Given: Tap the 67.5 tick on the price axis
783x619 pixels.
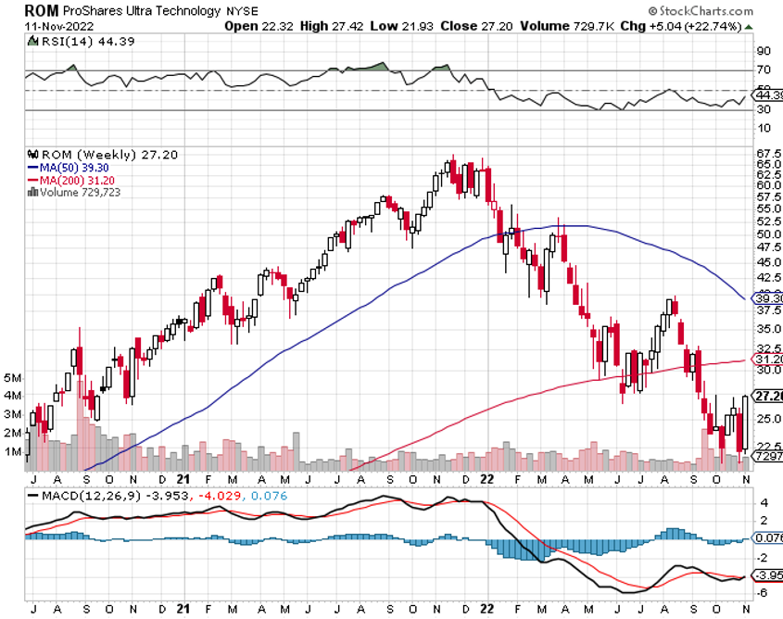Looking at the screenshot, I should [x=766, y=153].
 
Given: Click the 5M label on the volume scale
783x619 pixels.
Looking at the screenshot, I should [x=13, y=378].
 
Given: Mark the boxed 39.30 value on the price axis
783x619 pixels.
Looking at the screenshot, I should [x=768, y=299].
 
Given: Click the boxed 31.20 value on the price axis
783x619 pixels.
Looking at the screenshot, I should [x=768, y=360].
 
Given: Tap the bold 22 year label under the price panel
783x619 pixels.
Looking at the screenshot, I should [x=487, y=480].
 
